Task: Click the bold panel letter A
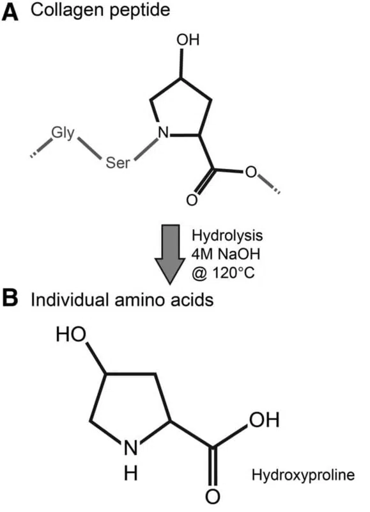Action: (10, 12)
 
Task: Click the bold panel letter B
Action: (10, 298)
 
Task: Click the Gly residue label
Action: (63, 134)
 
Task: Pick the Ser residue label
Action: (118, 163)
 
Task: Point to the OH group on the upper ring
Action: (188, 40)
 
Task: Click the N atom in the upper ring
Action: (164, 133)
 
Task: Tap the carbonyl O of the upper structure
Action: (192, 200)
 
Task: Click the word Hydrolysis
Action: (227, 235)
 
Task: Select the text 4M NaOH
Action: (226, 253)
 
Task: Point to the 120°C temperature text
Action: (233, 273)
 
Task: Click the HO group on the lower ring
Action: (71, 334)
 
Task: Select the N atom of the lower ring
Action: (131, 448)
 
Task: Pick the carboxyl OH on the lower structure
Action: (265, 420)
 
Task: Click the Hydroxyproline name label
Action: (303, 474)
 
